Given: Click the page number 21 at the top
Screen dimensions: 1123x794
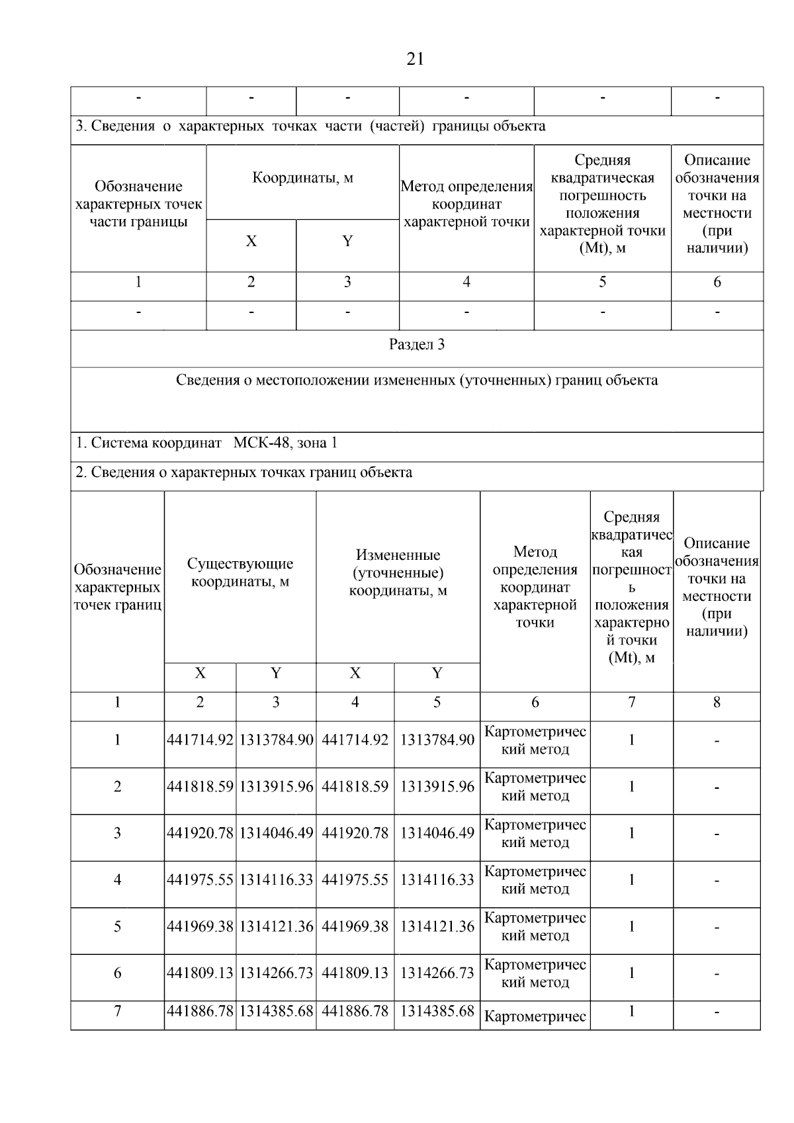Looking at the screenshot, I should (x=415, y=60).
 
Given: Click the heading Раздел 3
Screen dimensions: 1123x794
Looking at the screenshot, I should (x=416, y=345).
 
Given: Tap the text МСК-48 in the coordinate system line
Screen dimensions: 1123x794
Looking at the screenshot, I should (x=261, y=443).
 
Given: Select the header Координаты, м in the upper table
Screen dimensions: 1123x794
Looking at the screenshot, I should (x=302, y=178).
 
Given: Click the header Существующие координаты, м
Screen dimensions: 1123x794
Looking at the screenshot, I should (x=240, y=572).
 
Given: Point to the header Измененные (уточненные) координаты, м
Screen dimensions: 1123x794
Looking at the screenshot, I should (x=398, y=572).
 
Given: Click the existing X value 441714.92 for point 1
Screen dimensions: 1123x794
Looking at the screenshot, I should (x=200, y=740).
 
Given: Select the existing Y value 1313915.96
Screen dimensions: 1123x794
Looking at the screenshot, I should (x=276, y=787).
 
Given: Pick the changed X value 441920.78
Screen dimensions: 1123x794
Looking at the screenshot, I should (x=355, y=833).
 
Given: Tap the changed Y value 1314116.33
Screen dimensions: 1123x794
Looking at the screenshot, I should (x=437, y=879).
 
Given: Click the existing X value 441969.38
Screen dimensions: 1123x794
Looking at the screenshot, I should (x=200, y=926).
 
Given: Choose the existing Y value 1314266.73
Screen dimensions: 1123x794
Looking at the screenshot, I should (x=276, y=973).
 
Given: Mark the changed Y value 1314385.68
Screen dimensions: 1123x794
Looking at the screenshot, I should (x=437, y=1011).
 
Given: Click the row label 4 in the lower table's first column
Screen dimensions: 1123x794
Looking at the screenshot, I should (x=117, y=879).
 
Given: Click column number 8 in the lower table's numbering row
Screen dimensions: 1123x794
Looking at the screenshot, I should (x=717, y=703).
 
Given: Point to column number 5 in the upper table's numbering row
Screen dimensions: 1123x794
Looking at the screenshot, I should (x=602, y=283).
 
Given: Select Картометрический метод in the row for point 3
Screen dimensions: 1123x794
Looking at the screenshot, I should (x=535, y=833).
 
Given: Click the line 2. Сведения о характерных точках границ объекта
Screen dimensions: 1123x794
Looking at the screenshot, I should (x=244, y=472).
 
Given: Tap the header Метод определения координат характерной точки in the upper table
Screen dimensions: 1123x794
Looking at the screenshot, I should (x=466, y=204).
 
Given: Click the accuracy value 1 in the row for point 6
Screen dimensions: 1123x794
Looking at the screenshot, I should (x=631, y=973).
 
